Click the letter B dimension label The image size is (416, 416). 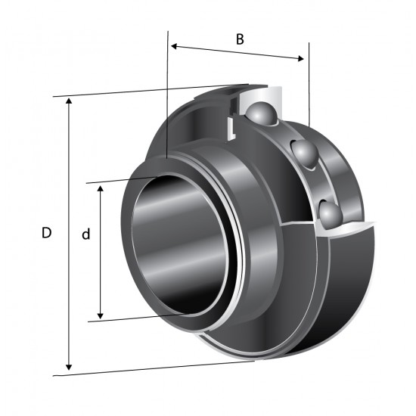240,39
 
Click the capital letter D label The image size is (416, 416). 46,233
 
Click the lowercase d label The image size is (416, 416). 86,234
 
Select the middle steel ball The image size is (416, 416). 304,153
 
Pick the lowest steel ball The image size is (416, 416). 331,214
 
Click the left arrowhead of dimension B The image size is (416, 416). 174,46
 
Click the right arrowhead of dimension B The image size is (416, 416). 301,58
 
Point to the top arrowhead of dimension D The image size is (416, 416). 69,101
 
